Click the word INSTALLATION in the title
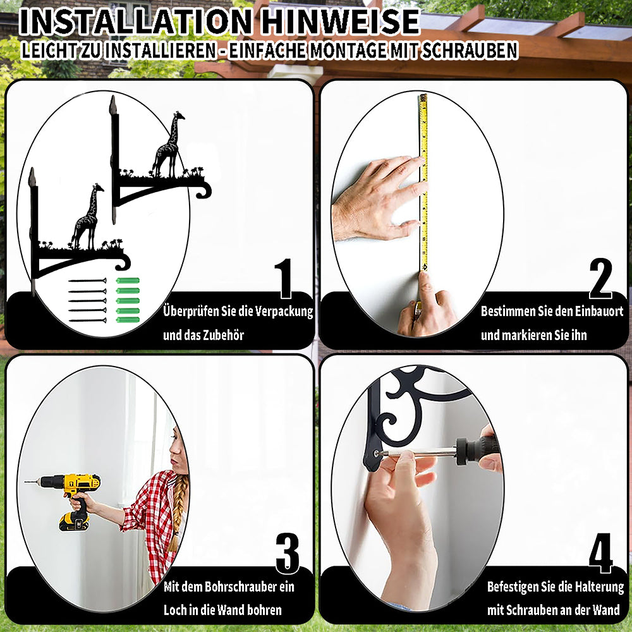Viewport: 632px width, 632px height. pyautogui.click(x=135, y=21)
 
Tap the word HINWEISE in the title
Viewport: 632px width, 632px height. pyautogui.click(x=340, y=21)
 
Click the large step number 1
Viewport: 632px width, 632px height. pyautogui.click(x=284, y=278)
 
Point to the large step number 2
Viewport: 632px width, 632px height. pyautogui.click(x=600, y=278)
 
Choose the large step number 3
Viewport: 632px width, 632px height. pyautogui.click(x=288, y=553)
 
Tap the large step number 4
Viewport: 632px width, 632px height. pyautogui.click(x=600, y=553)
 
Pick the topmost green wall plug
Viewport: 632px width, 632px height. pyautogui.click(x=128, y=281)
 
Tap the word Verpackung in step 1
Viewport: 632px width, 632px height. pyautogui.click(x=284, y=312)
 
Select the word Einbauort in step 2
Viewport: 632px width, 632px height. pyautogui.click(x=599, y=311)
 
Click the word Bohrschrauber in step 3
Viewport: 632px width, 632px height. pyautogui.click(x=235, y=586)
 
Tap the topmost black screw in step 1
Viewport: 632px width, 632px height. pyautogui.click(x=87, y=281)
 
